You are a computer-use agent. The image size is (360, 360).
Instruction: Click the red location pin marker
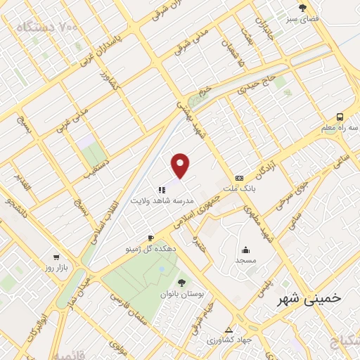181,166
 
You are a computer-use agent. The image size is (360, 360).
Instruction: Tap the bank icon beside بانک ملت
239,178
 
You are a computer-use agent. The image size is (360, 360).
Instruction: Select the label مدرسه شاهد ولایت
162,200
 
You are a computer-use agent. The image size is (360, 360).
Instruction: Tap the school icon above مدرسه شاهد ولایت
162,189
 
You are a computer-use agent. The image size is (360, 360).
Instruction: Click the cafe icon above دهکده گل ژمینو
150,238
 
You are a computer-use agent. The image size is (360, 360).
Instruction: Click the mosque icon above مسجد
246,249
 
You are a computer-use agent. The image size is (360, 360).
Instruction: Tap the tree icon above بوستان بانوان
182,282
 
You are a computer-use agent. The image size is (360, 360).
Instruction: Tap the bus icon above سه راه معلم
340,117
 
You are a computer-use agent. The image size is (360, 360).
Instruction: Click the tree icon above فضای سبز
303,8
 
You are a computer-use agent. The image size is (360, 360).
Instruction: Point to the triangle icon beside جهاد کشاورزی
228,329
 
